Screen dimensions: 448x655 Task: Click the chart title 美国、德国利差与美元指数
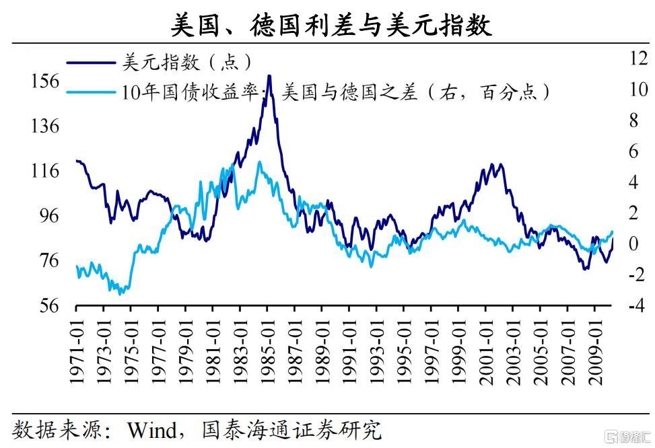(330, 25)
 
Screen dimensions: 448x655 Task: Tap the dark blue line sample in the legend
(90, 63)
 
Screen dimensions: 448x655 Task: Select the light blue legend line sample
(90, 91)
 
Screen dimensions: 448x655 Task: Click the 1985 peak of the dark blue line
(269, 76)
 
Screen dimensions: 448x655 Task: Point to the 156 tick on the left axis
(45, 81)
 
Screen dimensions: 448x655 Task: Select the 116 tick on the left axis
(45, 171)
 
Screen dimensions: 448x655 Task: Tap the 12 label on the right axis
(637, 58)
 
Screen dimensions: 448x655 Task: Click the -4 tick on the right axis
(634, 305)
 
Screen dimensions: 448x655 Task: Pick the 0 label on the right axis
(633, 244)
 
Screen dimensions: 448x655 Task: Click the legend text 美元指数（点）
(187, 63)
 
